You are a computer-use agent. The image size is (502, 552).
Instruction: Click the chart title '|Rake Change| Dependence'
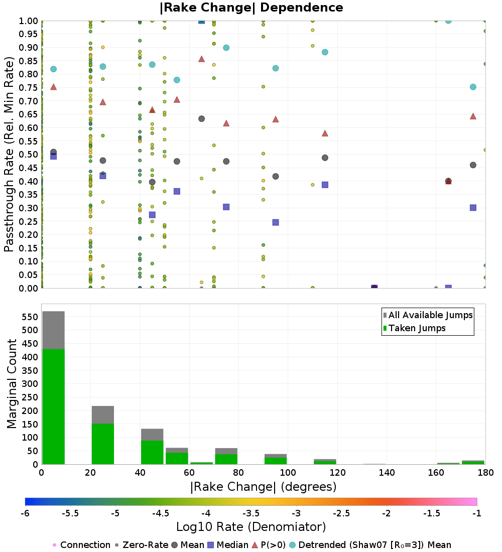click(x=251, y=8)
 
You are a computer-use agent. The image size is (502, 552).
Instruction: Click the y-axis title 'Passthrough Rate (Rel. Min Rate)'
click(x=9, y=154)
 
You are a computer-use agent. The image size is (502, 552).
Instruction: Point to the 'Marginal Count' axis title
click(x=12, y=384)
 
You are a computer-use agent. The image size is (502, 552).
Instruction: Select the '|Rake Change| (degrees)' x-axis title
click(x=264, y=487)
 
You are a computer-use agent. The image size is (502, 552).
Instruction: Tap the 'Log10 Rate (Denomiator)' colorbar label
click(x=251, y=526)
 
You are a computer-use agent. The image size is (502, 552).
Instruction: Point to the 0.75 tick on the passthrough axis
click(x=28, y=88)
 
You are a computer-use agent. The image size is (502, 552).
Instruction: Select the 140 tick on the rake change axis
click(x=387, y=472)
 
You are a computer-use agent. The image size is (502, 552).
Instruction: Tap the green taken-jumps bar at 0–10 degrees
click(x=54, y=406)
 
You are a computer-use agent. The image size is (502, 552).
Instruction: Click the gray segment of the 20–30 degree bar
click(x=103, y=415)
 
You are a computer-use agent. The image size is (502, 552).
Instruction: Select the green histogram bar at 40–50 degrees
click(x=152, y=452)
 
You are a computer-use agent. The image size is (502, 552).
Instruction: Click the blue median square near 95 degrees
click(x=276, y=222)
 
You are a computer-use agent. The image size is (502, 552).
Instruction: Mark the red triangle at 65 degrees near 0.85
click(x=201, y=59)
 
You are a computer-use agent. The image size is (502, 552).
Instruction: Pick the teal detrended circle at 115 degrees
click(x=325, y=52)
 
